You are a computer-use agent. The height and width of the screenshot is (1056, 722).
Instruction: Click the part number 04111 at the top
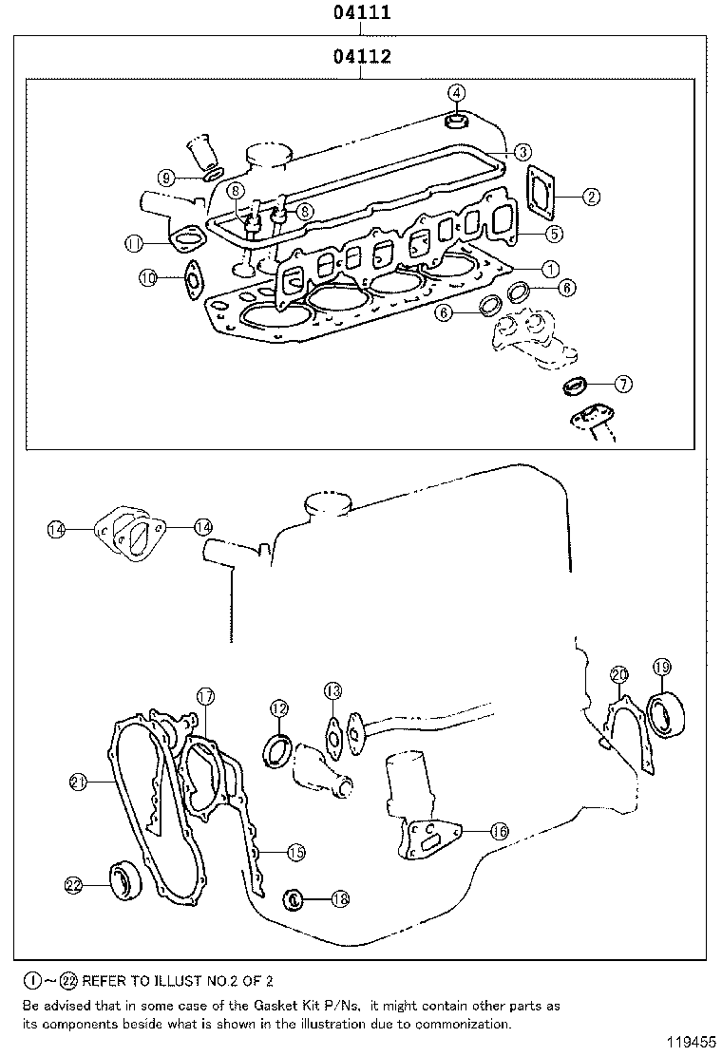[362, 13]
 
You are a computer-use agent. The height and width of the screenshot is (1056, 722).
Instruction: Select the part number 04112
[362, 57]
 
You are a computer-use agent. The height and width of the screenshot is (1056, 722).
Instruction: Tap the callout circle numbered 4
[457, 92]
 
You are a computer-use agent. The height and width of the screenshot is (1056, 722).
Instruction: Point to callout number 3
[523, 152]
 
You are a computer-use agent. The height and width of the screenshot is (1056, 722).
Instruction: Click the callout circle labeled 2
[590, 197]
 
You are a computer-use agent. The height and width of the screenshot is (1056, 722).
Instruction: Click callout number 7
[622, 384]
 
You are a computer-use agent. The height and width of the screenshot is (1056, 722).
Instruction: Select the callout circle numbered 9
[166, 178]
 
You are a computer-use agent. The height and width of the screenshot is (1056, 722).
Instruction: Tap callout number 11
[134, 243]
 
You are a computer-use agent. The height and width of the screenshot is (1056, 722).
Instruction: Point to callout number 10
[147, 278]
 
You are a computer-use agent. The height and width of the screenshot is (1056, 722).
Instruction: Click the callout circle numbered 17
[205, 696]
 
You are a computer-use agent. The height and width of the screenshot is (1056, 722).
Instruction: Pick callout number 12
[278, 707]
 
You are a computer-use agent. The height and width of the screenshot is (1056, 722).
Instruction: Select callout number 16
[500, 831]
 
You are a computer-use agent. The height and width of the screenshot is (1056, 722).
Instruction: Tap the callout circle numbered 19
[662, 667]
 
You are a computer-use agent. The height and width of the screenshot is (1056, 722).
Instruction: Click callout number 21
[80, 782]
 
